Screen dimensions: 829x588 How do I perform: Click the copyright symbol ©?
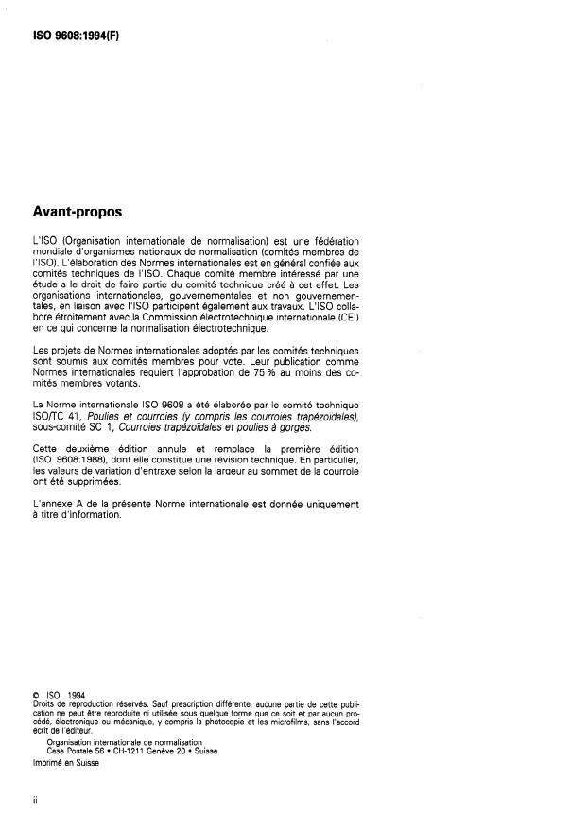[36, 697]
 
